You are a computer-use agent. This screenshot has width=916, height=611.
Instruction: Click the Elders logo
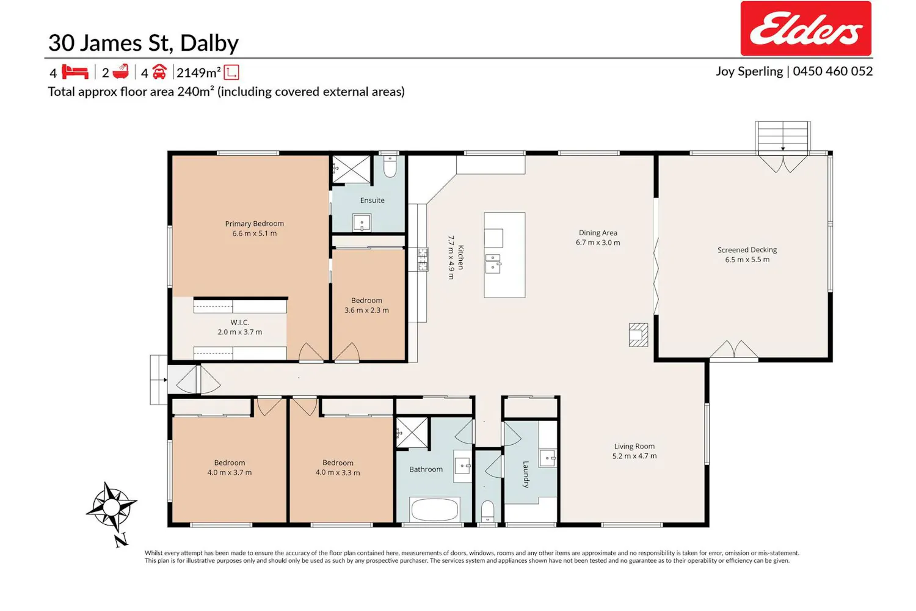tap(805, 28)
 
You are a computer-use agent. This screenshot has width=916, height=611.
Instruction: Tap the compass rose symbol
tap(112, 508)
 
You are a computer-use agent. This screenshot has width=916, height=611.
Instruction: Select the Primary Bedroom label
tap(255, 224)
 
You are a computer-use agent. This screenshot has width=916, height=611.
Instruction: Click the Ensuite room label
tap(372, 200)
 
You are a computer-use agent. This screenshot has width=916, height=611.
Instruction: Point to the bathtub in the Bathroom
tap(434, 509)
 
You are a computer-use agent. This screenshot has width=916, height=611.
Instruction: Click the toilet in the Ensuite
tap(390, 166)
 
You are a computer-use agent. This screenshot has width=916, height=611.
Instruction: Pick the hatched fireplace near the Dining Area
tap(638, 335)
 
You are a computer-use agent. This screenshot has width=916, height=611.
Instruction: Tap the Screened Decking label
tap(747, 250)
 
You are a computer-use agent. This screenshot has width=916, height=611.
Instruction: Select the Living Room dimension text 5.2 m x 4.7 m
tap(634, 456)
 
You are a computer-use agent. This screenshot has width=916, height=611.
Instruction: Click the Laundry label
tap(526, 474)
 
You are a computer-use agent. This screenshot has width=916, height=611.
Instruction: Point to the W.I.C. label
tap(239, 322)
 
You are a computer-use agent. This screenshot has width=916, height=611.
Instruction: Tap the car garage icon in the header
tap(159, 71)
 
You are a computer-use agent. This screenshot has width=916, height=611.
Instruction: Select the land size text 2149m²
tap(198, 73)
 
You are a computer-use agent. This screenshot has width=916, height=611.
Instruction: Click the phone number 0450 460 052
tap(832, 71)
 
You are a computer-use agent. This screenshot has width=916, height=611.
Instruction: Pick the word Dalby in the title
tap(209, 43)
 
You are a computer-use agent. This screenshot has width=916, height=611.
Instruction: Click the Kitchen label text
tap(461, 257)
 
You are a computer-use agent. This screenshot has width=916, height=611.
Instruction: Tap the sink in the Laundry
tap(548, 458)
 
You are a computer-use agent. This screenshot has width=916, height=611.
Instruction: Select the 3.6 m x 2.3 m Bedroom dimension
tap(366, 310)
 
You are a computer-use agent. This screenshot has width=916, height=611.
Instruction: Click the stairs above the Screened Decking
tap(783, 136)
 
